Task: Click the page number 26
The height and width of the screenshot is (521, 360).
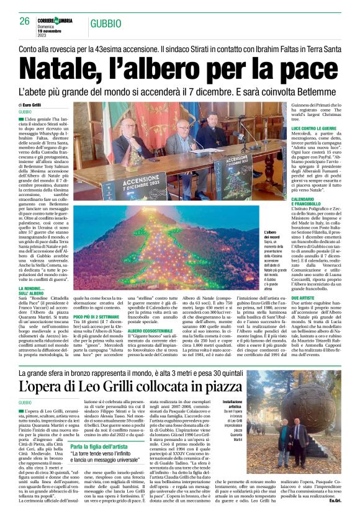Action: coord(25,21)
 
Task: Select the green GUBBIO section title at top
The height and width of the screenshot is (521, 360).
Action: coord(106,24)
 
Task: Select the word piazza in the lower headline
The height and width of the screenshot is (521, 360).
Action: coord(218,386)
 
